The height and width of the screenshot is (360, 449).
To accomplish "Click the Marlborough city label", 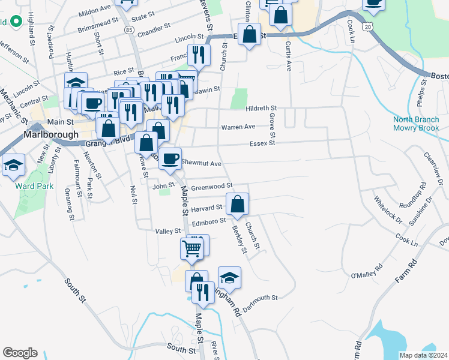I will pyautogui.click(x=51, y=134).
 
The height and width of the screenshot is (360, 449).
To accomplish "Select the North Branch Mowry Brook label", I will pyautogui.click(x=416, y=123).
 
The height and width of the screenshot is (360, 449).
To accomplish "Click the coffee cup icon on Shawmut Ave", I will pyautogui.click(x=170, y=157).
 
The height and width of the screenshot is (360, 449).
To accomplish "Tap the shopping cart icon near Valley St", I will pyautogui.click(x=192, y=247).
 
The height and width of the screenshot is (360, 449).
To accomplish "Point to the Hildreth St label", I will pyautogui.click(x=261, y=108).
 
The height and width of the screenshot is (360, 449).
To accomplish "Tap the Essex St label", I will pyautogui.click(x=263, y=143).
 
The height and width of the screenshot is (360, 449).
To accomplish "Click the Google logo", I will pyautogui.click(x=20, y=353).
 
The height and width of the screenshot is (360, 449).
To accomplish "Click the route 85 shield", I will pyautogui.click(x=129, y=29).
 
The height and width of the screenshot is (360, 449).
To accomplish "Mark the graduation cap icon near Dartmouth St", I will pyautogui.click(x=229, y=277).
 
